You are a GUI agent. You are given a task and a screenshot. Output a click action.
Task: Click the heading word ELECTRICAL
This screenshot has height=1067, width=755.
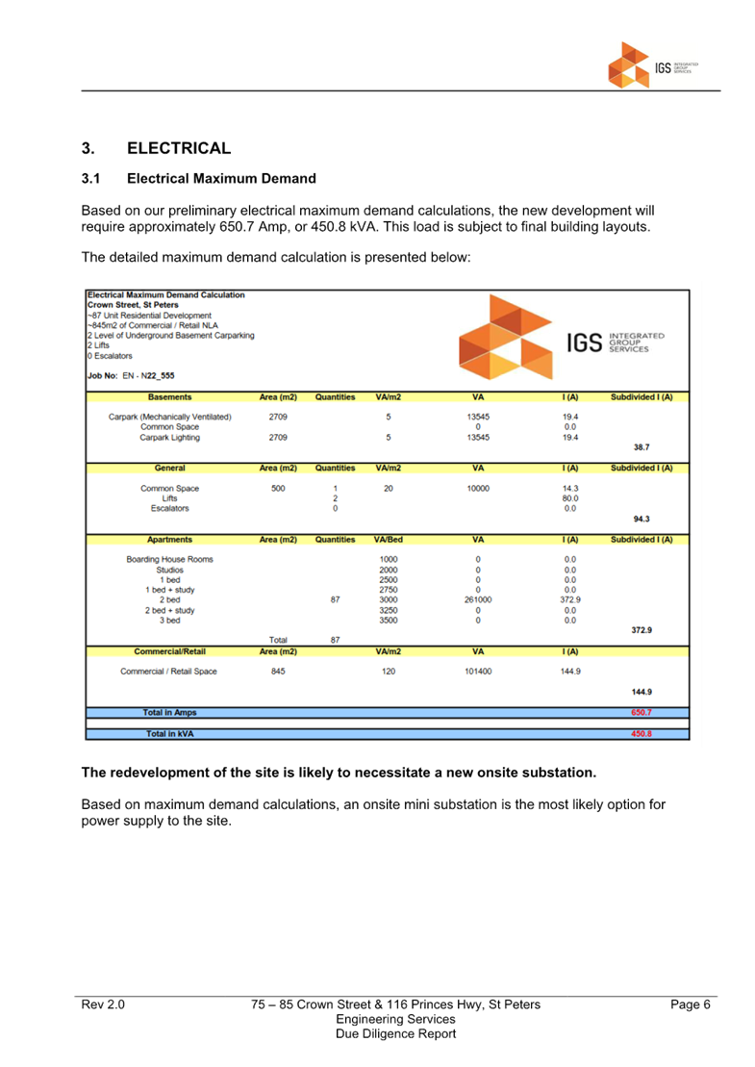point(179,148)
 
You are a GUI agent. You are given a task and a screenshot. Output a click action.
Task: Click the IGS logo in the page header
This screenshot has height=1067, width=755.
point(653,65)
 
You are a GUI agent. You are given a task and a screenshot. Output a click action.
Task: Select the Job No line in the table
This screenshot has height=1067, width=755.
point(132,375)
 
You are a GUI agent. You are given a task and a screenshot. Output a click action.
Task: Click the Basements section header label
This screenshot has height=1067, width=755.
point(169,397)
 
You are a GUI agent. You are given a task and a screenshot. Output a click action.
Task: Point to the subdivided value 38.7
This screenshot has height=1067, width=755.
point(642,447)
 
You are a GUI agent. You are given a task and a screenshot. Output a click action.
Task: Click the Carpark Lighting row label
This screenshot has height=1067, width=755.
point(169,437)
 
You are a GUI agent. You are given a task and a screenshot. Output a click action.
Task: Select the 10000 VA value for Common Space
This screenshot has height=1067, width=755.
point(478,488)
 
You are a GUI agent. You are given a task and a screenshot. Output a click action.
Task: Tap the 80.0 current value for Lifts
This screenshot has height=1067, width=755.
point(570,498)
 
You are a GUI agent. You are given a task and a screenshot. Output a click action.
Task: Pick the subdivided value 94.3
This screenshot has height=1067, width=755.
point(642,519)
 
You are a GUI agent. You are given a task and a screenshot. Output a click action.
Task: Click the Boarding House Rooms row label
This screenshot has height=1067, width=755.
point(169,559)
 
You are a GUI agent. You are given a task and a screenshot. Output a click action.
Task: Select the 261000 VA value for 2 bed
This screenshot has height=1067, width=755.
point(478,599)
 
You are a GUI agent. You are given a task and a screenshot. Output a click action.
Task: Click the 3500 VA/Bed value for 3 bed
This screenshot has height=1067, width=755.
point(389,621)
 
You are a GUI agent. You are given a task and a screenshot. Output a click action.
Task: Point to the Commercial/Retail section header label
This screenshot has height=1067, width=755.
point(169,651)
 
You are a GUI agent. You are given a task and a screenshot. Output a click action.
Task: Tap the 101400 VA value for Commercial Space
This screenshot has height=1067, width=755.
point(478,672)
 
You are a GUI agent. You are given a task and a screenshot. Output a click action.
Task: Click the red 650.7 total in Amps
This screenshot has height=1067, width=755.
point(642,713)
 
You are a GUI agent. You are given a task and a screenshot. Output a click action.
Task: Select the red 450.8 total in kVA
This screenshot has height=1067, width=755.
point(642,734)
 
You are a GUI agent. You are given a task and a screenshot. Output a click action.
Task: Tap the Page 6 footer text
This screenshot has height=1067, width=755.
point(690,1004)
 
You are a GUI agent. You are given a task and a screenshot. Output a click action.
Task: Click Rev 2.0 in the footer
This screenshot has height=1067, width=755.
point(103,1004)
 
